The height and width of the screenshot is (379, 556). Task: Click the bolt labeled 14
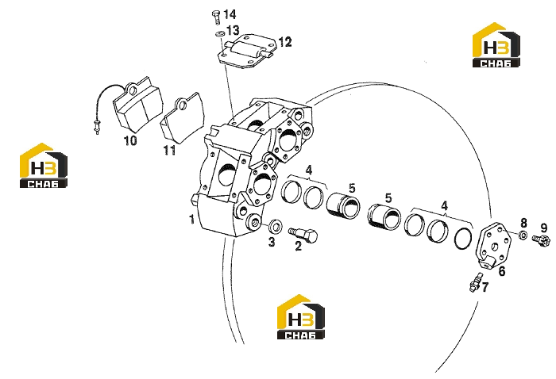pos(216,17)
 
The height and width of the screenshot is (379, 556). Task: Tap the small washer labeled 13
pos(220,34)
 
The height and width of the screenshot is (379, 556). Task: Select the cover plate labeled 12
pos(246,51)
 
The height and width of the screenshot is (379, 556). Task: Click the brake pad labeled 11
pos(182,118)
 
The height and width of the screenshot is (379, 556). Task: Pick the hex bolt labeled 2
pos(303,235)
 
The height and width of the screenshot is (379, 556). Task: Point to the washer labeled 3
pos(275,225)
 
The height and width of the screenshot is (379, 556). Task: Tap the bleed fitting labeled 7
pos(475,282)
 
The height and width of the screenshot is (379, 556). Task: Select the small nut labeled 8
pos(523,235)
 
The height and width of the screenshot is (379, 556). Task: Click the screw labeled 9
pos(541,240)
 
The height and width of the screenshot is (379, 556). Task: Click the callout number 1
pos(192,220)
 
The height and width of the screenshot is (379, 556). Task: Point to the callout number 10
pos(130,140)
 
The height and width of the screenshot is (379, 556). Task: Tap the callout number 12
pos(284,42)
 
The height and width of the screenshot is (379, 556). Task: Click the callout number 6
pos(502,272)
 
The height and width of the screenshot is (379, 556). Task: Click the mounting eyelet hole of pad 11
pos(183,105)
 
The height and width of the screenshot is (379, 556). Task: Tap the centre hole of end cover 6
pos(496,247)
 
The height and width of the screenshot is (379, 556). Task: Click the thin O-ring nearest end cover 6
pos(463,239)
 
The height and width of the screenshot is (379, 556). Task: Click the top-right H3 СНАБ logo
pos(496,44)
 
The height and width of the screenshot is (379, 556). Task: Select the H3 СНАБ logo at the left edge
pos(43,165)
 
